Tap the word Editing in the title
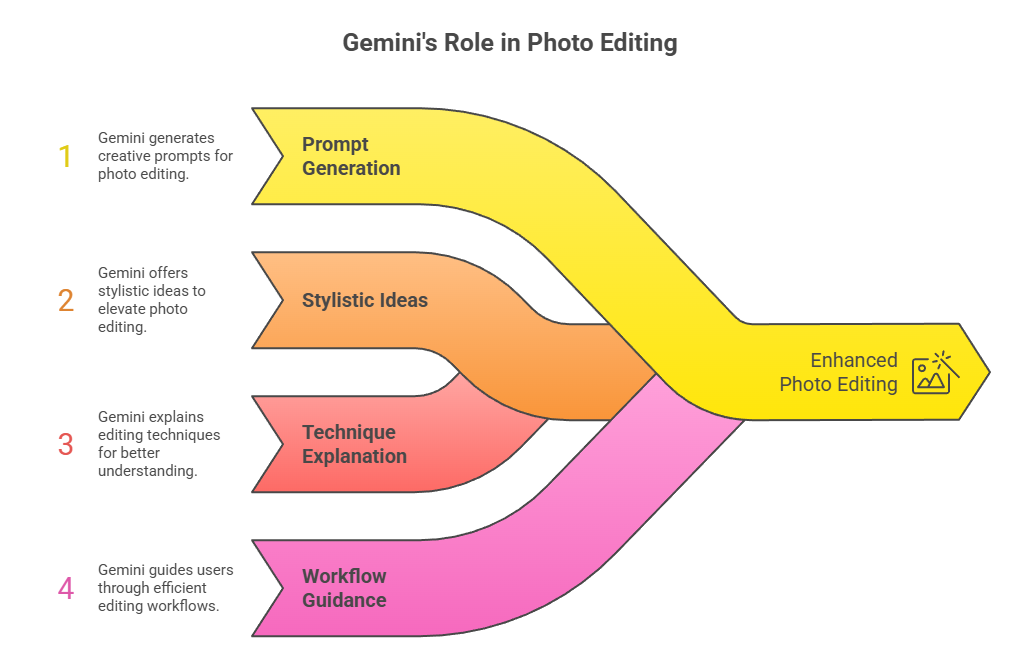point(639,43)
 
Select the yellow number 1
point(65,156)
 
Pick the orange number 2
point(65,300)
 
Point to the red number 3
point(65,444)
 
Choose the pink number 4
point(65,588)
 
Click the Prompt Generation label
point(351,156)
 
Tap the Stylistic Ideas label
point(364,300)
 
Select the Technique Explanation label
point(354,444)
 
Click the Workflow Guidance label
point(344,588)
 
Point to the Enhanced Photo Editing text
point(838,372)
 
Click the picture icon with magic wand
point(935,373)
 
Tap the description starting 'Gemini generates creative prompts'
point(165,156)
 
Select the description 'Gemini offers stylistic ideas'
point(151,300)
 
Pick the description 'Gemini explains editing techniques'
point(159,444)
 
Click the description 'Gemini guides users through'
point(165,588)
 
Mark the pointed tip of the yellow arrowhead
point(990,372)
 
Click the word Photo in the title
point(560,43)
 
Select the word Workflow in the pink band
point(344,576)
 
